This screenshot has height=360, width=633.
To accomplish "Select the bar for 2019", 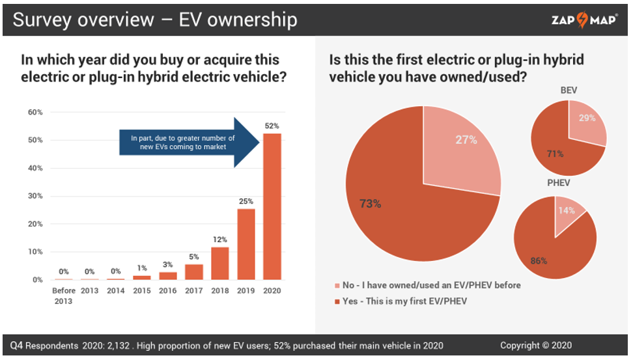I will tap(246, 244).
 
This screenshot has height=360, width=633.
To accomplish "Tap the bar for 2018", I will tap(220, 263).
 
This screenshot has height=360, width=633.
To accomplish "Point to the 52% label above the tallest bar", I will tap(272, 126).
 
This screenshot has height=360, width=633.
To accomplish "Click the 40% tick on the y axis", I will tap(35, 168).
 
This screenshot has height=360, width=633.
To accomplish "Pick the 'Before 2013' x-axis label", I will tap(64, 295).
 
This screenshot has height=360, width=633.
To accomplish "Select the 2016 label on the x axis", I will tap(168, 291).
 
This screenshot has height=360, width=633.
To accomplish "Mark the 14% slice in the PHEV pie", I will tap(569, 214).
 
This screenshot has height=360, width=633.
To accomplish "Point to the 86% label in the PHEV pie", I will tap(539, 261).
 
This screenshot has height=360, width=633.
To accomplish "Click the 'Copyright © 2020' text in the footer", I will tap(536, 345).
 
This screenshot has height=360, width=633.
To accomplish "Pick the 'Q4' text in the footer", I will tap(18, 345).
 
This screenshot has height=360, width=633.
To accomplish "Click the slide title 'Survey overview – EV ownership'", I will tap(155, 20).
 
